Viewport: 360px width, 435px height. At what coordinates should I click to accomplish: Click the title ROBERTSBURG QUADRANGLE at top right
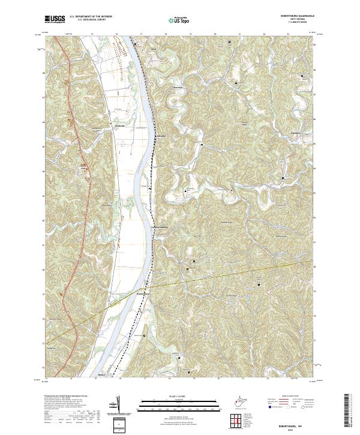click(x=296, y=16)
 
